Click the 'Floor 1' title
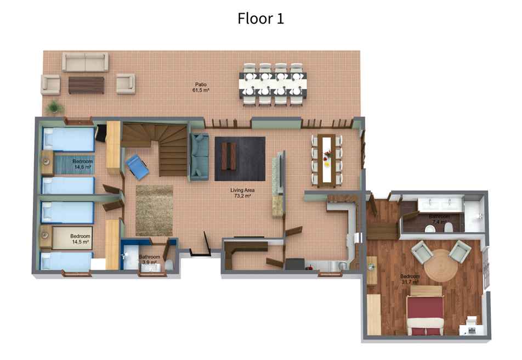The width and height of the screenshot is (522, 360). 260,18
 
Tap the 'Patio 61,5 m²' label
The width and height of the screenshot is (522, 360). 201,87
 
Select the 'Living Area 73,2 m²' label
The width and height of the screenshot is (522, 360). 242,193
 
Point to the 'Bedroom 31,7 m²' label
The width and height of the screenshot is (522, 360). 410,279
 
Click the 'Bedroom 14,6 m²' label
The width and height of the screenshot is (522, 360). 82,164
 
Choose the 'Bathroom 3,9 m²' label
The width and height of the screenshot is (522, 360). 149,260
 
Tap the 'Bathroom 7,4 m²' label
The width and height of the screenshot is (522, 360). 439,219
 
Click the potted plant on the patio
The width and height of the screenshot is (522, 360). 55,107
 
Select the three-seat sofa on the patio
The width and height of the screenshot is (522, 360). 86,61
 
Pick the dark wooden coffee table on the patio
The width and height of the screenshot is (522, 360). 86,85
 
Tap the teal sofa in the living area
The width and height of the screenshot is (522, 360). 200,156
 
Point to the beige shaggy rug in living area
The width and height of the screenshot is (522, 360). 155,210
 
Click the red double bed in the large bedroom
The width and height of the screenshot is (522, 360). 425,311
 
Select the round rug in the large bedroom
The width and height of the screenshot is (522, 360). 441,265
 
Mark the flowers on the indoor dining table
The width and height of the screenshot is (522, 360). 327,154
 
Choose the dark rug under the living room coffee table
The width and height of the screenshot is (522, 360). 240,159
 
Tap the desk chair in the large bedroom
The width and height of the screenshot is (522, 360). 472,320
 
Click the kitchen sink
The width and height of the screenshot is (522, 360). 341,266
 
